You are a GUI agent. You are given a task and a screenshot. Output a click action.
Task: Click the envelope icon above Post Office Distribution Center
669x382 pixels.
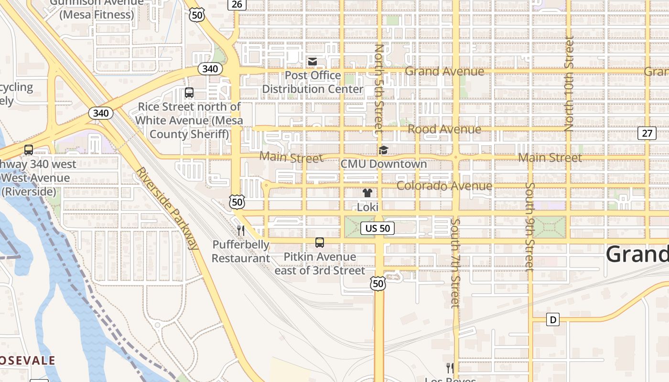[x=313, y=62]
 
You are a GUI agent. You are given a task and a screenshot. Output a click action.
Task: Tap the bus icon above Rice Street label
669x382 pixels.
[x=189, y=93]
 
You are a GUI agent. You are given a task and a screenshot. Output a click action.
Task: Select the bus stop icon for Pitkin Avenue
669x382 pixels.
[x=320, y=243]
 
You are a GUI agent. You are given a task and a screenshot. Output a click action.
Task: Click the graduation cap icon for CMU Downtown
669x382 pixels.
[x=383, y=150]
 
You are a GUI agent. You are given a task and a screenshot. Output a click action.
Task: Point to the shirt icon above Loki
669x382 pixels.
[x=367, y=193]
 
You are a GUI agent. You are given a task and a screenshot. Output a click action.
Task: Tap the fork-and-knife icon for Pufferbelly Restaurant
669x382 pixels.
[x=241, y=231]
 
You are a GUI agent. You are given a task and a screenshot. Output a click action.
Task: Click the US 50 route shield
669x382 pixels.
[x=378, y=228]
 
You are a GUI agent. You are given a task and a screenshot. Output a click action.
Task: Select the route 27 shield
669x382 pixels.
[x=647, y=133]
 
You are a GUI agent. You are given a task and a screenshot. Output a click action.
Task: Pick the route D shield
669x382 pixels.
[x=553, y=319]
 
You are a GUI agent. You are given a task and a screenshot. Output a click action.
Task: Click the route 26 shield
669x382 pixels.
[x=237, y=5]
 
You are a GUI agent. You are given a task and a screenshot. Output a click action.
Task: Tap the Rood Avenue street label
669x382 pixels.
[x=444, y=129]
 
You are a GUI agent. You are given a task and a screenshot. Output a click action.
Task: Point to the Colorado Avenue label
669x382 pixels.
[x=444, y=186]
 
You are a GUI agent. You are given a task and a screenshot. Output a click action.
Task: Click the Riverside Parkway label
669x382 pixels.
[x=167, y=208]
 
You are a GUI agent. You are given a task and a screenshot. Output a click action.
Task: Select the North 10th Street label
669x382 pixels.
[x=569, y=84]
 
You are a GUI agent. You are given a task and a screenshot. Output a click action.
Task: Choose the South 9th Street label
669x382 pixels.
[x=529, y=227]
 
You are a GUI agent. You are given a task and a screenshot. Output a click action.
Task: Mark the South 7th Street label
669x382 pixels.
[x=455, y=263]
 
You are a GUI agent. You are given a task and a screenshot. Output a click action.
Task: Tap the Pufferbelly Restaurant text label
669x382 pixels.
[x=241, y=252]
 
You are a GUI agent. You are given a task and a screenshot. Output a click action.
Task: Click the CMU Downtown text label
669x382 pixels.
[x=383, y=164]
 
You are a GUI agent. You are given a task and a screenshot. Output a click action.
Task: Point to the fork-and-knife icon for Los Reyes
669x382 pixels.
[x=450, y=368]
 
